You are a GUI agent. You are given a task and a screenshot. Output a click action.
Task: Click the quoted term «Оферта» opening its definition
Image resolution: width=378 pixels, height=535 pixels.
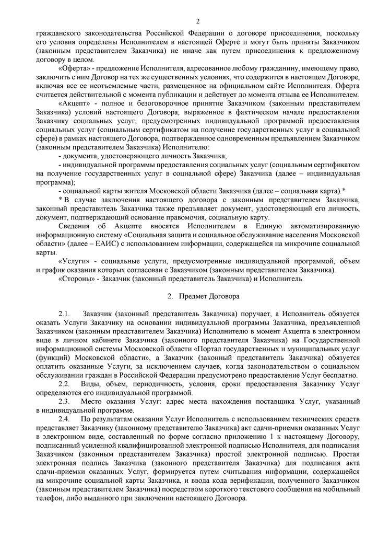[73, 69]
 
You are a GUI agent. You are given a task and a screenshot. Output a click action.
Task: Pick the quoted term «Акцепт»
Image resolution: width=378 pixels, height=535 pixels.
[73, 103]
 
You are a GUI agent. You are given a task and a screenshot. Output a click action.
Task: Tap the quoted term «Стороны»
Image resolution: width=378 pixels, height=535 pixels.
[75, 279]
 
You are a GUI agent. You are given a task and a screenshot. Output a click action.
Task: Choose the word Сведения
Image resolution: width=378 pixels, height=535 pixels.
[74, 226]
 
